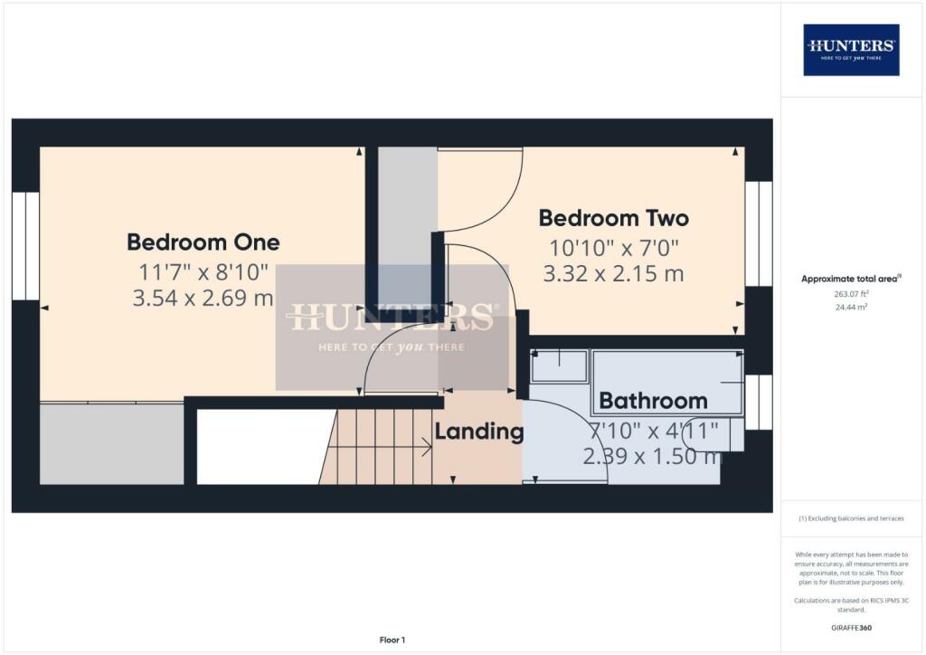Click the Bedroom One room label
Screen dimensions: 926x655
click(x=203, y=242)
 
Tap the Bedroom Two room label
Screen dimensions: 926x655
click(x=614, y=218)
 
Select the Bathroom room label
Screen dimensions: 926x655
click(x=653, y=401)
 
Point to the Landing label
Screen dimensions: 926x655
click(x=479, y=432)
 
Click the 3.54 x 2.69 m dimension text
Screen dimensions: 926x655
click(x=203, y=298)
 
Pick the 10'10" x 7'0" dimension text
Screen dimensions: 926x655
click(x=614, y=248)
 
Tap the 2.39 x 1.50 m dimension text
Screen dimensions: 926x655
click(x=653, y=456)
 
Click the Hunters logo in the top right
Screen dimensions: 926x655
click(x=851, y=50)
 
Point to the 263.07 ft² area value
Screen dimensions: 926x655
click(x=851, y=293)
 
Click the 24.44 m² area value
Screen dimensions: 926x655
click(x=851, y=307)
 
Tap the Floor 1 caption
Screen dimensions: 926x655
click(x=392, y=640)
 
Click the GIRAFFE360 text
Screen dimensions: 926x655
click(x=851, y=628)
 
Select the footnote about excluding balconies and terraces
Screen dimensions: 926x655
click(x=851, y=518)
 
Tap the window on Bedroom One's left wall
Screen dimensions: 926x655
click(x=25, y=246)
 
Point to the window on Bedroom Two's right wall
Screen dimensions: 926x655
click(x=759, y=234)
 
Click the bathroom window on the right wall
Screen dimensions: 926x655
click(x=759, y=403)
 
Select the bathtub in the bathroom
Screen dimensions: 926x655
click(x=667, y=383)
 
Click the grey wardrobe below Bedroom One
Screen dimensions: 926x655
click(x=111, y=443)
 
